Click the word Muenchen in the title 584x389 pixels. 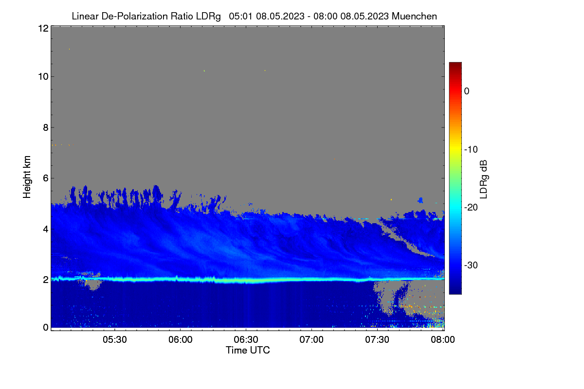(414, 17)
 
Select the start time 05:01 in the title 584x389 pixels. (240, 17)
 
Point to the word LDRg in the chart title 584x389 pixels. (208, 17)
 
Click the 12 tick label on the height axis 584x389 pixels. (43, 28)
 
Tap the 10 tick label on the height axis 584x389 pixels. (43, 77)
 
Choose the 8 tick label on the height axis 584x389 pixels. (46, 127)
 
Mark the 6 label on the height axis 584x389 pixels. (46, 178)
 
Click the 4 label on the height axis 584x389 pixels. (46, 230)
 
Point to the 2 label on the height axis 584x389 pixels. (46, 280)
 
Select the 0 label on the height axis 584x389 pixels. (46, 328)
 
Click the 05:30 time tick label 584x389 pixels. (115, 339)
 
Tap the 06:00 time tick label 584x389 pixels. (181, 339)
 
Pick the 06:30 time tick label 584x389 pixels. (246, 339)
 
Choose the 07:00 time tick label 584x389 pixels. (311, 339)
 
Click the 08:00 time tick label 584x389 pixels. (443, 339)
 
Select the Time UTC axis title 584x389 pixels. (248, 350)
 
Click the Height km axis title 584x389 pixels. (27, 177)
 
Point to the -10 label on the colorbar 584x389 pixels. (471, 150)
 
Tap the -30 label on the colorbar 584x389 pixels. (471, 265)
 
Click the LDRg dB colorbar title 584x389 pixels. (484, 179)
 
